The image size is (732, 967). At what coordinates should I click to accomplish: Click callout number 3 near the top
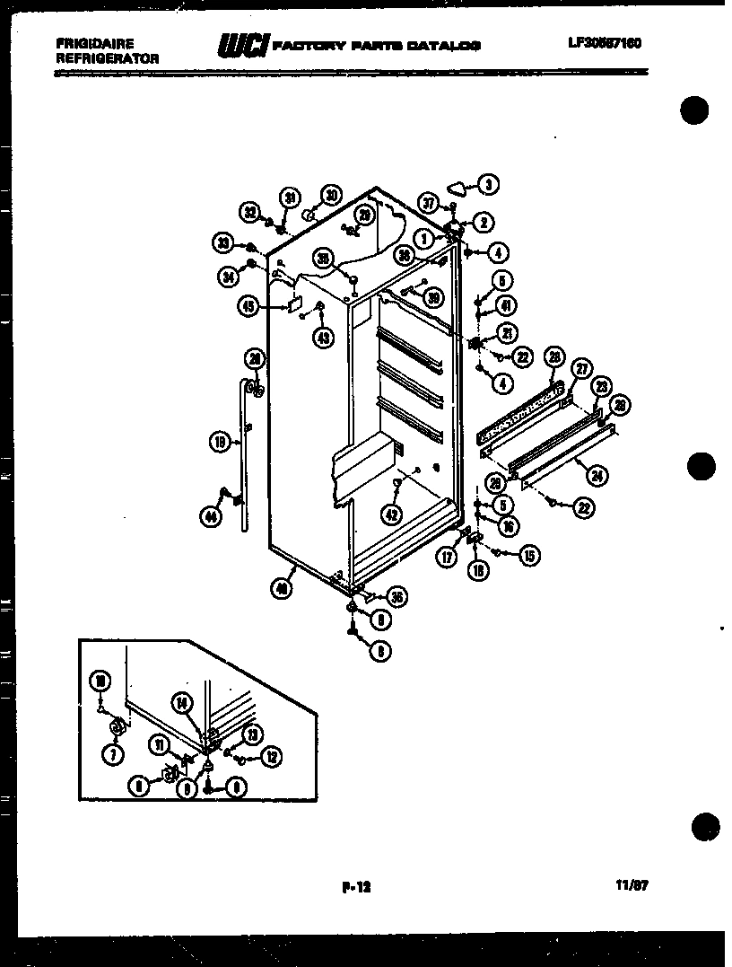pyautogui.click(x=487, y=186)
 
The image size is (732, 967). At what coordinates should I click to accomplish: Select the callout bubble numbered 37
pyautogui.click(x=430, y=204)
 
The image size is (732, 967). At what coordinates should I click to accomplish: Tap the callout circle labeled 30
pyautogui.click(x=331, y=195)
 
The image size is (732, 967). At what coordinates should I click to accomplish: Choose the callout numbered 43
pyautogui.click(x=321, y=337)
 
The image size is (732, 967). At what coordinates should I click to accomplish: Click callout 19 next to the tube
pyautogui.click(x=218, y=441)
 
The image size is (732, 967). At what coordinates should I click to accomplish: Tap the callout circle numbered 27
pyautogui.click(x=582, y=367)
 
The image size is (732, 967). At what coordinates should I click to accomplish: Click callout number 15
pyautogui.click(x=528, y=556)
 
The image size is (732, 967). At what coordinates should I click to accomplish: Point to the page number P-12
pyautogui.click(x=356, y=886)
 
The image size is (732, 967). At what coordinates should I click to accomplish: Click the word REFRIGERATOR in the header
pyautogui.click(x=107, y=57)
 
